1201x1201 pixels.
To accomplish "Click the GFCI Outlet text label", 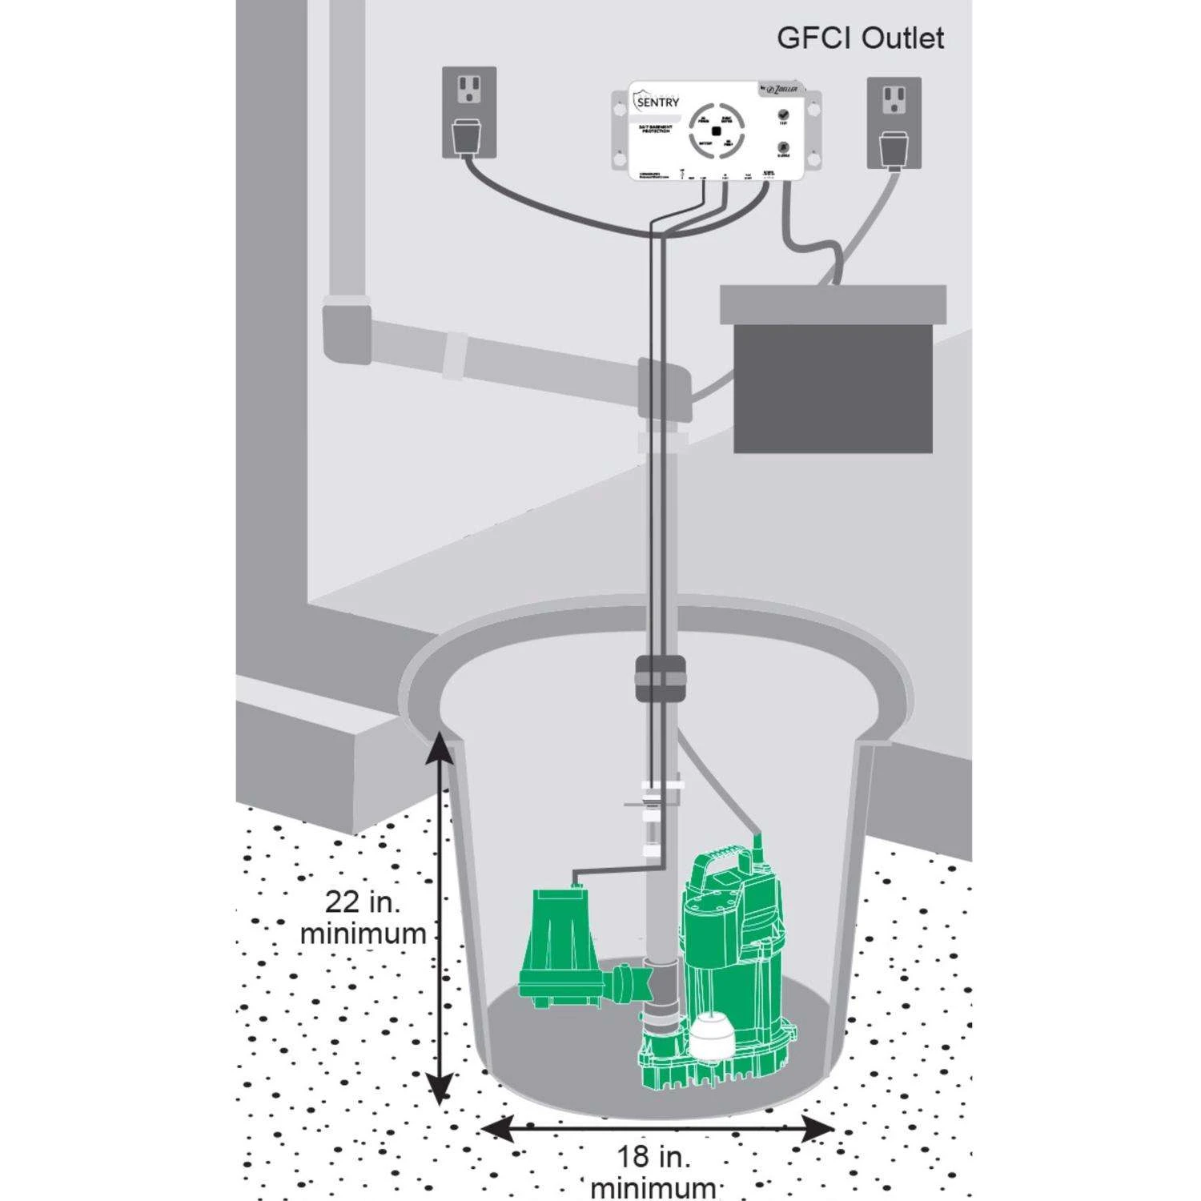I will tap(860, 38).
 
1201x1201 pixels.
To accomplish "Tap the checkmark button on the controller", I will tap(783, 115).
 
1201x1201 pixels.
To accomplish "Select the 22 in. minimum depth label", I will tap(363, 918).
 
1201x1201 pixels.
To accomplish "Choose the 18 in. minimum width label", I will tap(653, 1171).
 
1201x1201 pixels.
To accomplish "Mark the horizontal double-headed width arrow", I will tap(657, 1130).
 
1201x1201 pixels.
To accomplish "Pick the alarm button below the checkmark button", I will tap(783, 148).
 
